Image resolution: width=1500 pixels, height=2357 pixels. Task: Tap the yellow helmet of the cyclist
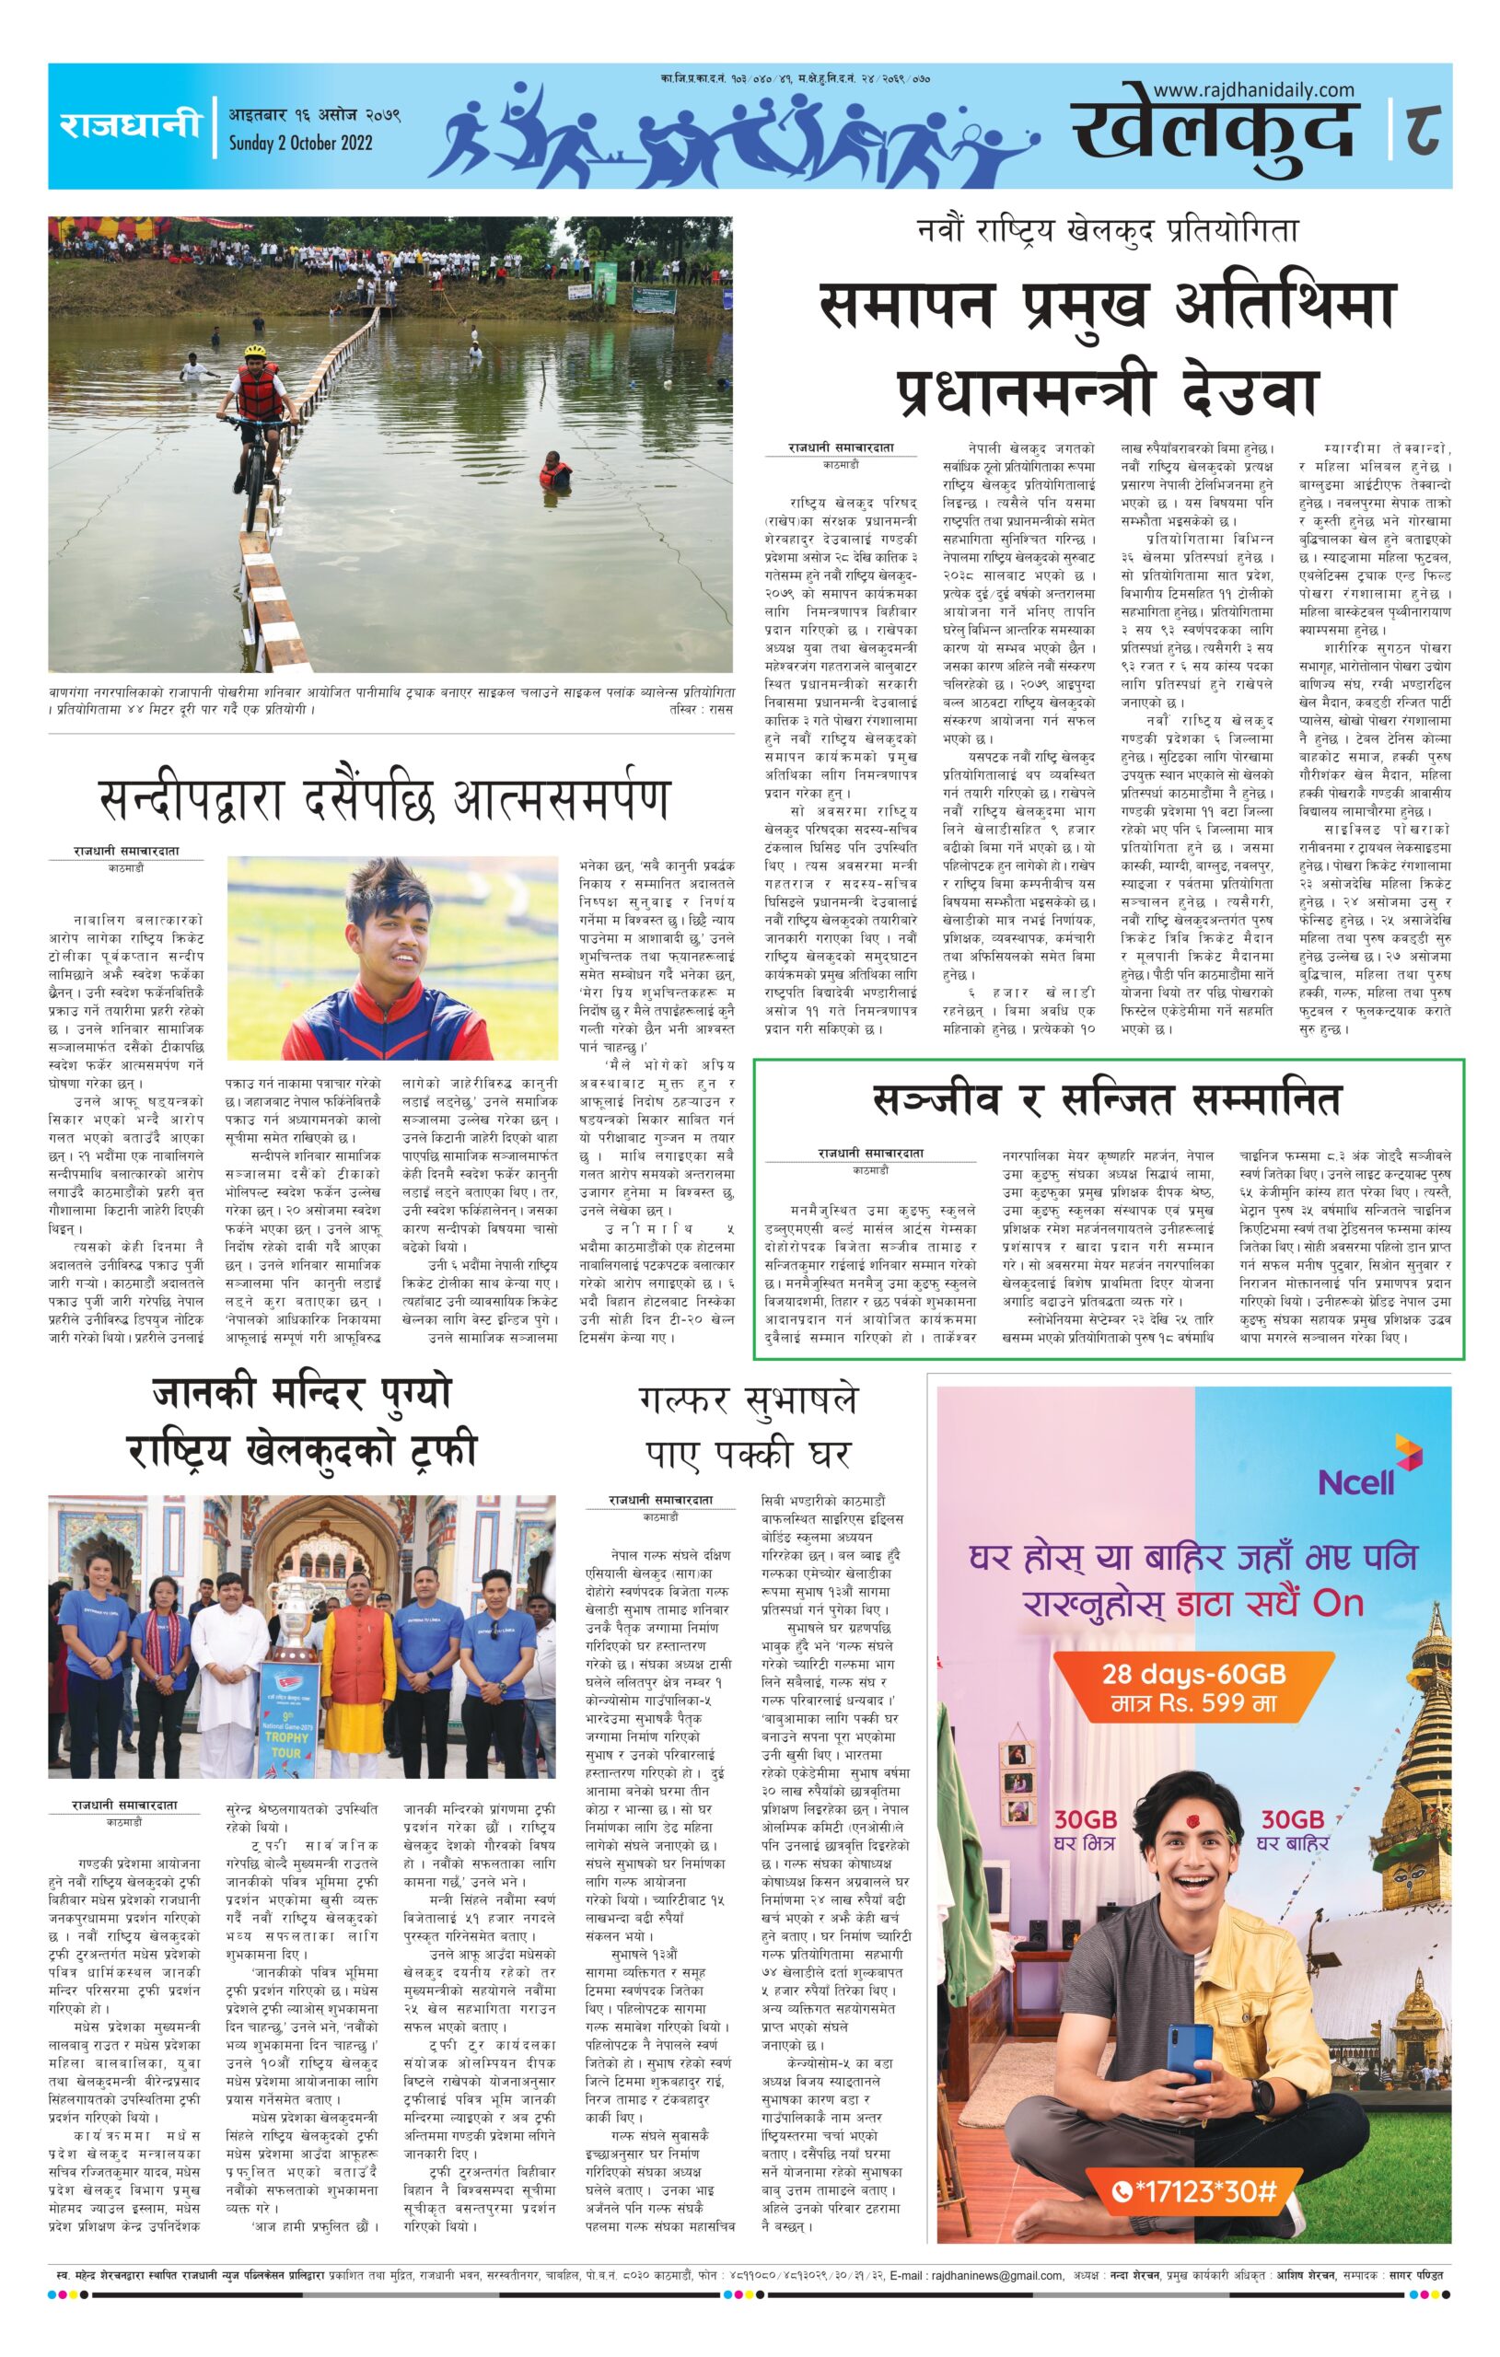pyautogui.click(x=256, y=350)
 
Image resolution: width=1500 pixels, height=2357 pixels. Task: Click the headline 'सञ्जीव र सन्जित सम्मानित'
pyautogui.click(x=1108, y=1101)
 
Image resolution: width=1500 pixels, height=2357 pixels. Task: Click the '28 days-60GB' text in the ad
pyautogui.click(x=1193, y=1673)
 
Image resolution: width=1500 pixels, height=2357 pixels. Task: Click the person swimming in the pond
pyautogui.click(x=552, y=469)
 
